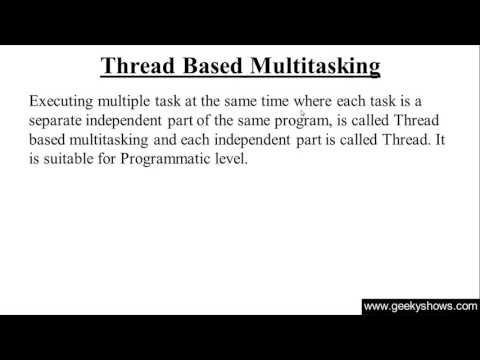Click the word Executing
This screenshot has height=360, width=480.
point(65,101)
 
